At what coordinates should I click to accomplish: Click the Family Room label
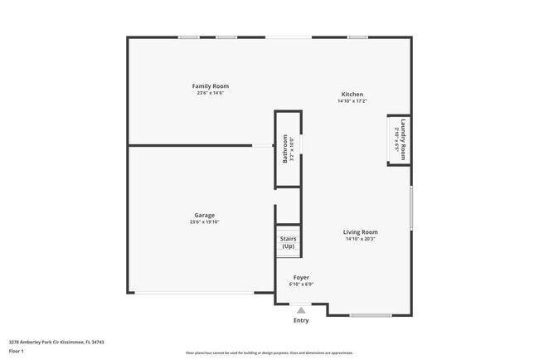click(211, 86)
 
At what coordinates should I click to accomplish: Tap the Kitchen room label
click(352, 95)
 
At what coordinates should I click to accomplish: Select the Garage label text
click(204, 216)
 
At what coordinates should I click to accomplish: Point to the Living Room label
click(361, 232)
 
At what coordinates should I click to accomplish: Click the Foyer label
click(301, 278)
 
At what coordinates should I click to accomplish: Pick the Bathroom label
click(284, 148)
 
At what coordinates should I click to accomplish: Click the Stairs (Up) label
click(288, 242)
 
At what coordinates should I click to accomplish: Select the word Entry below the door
click(301, 321)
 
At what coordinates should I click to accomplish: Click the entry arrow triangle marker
click(301, 309)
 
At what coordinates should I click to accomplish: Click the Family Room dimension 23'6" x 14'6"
click(211, 93)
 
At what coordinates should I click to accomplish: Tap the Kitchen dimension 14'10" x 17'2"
click(352, 101)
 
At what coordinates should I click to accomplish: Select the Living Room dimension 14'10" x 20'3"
click(361, 239)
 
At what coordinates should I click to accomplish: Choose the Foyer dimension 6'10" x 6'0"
click(301, 285)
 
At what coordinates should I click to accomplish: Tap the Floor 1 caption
click(17, 351)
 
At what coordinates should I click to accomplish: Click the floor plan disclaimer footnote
click(269, 352)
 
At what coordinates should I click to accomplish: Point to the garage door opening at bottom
click(196, 293)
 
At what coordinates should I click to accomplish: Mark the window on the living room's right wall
click(411, 208)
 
